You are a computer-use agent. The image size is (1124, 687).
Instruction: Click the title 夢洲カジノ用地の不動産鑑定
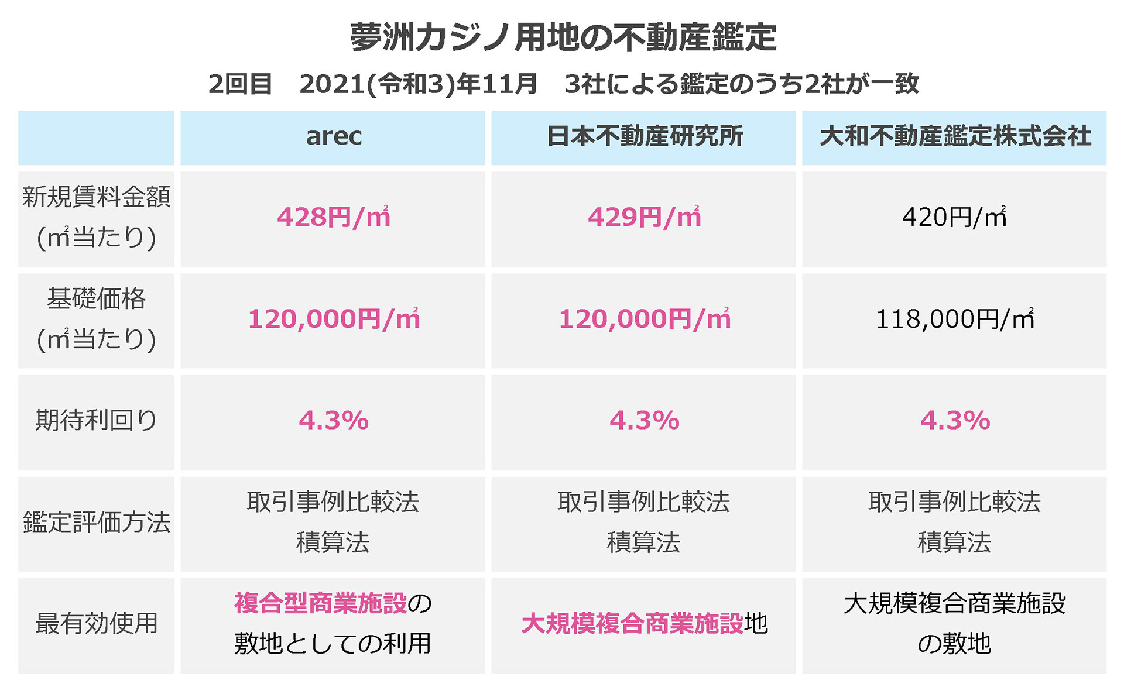point(563,37)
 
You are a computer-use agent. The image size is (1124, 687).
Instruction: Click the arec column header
point(333,136)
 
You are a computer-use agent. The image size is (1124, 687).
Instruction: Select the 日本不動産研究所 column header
point(644,136)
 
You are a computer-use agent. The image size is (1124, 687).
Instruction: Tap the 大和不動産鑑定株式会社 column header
point(954,136)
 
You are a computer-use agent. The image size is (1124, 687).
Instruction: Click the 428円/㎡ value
point(333,217)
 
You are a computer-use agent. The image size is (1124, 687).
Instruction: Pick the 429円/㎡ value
point(644,217)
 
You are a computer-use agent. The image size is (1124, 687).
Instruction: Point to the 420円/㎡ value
point(954,217)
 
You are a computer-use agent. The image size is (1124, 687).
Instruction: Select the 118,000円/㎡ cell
point(954,319)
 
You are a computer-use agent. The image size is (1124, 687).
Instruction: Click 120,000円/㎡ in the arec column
point(333,319)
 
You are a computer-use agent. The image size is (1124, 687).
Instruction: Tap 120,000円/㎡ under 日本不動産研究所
point(644,319)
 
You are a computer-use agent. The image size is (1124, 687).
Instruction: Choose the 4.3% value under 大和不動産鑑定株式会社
point(954,420)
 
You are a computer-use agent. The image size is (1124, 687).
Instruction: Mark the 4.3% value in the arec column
point(333,420)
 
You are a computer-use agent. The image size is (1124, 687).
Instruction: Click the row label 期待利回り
point(96,420)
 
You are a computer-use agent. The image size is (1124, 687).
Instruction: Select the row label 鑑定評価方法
point(96,522)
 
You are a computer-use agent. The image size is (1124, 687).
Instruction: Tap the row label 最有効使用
point(96,623)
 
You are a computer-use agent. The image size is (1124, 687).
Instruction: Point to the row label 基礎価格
point(96,299)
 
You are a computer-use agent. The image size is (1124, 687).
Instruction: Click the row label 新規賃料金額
point(96,197)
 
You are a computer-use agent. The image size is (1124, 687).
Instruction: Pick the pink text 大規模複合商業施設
point(632,624)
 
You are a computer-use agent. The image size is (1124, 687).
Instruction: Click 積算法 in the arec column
point(333,542)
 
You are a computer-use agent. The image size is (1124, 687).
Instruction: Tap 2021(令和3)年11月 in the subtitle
point(418,84)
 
